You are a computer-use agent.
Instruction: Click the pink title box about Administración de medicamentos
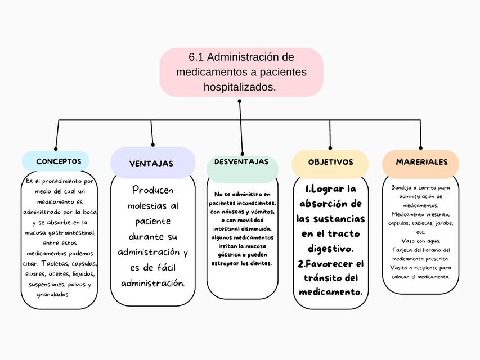coord(241,72)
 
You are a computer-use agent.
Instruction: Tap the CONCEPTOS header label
coord(59,161)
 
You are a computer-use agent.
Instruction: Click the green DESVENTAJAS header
coord(241,162)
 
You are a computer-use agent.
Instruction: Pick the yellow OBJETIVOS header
coord(330,162)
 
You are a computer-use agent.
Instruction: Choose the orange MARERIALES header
coord(421,162)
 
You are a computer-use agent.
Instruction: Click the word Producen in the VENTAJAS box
coord(153,190)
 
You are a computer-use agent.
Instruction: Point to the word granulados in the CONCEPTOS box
coord(53,294)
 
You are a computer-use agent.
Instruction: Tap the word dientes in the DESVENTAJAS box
coord(259,263)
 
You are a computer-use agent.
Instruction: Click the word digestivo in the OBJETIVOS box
coord(330,248)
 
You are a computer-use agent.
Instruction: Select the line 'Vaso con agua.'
coord(420,241)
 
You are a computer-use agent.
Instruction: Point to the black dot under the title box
coord(240,101)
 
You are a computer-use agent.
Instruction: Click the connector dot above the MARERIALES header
coord(421,148)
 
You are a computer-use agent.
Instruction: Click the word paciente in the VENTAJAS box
coord(152,221)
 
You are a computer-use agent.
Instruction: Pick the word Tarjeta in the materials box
coord(402,250)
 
